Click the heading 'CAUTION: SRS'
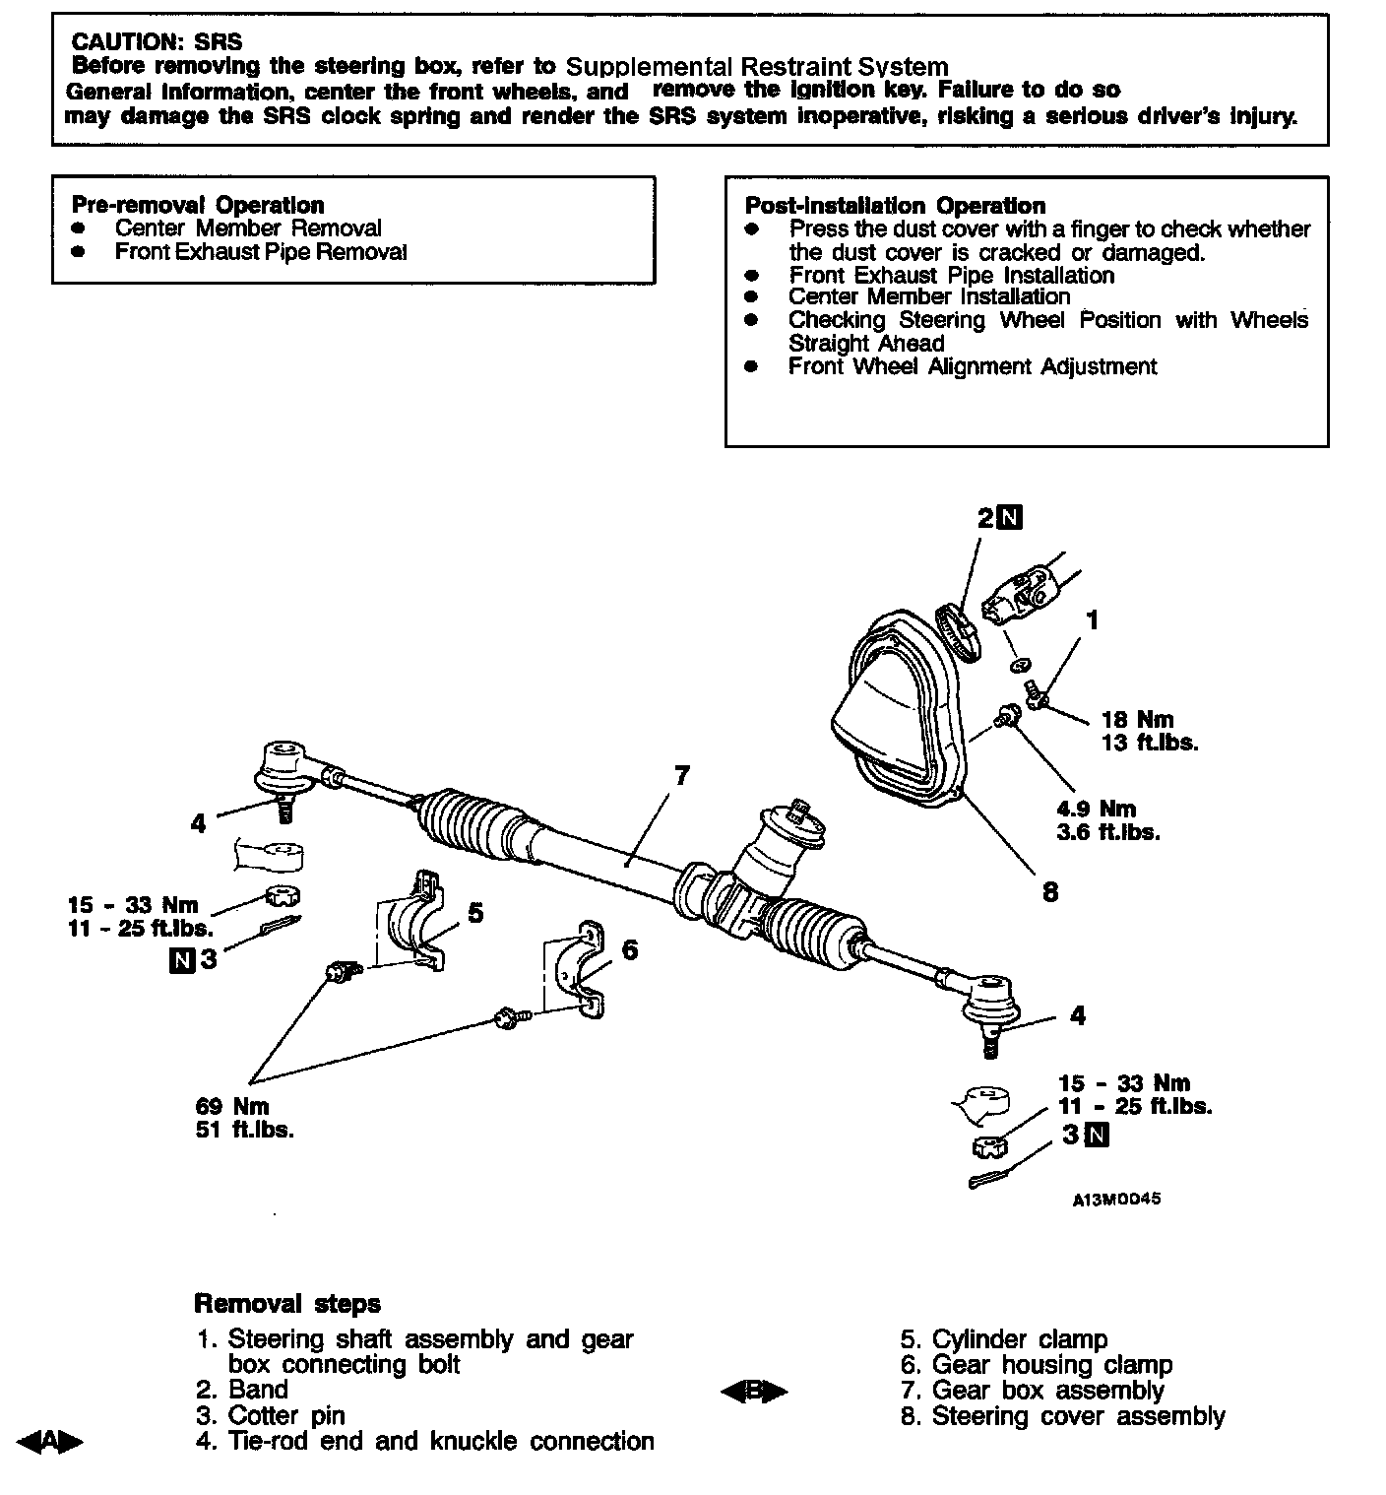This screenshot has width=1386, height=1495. (x=157, y=41)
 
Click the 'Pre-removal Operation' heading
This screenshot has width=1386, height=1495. (x=198, y=205)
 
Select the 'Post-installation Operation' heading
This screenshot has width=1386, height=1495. (x=894, y=206)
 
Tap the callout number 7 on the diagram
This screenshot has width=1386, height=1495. (x=681, y=776)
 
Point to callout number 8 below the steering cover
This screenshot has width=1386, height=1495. (x=1050, y=892)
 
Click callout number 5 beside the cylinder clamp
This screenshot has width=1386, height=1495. (x=475, y=913)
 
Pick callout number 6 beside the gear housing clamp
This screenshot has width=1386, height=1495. (x=630, y=949)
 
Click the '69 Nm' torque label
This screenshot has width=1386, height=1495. (x=232, y=1106)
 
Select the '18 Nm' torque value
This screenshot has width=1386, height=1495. (x=1137, y=720)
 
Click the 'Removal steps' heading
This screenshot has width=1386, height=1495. (x=287, y=1304)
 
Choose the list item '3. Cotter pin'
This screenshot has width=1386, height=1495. (x=271, y=1415)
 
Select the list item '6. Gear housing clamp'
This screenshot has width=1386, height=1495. (x=1037, y=1365)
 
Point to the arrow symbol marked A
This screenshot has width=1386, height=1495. (x=48, y=1442)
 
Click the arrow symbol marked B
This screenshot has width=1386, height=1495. (x=754, y=1391)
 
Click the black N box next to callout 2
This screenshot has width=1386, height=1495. (x=1011, y=517)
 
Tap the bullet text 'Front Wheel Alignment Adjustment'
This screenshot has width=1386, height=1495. (x=973, y=367)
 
